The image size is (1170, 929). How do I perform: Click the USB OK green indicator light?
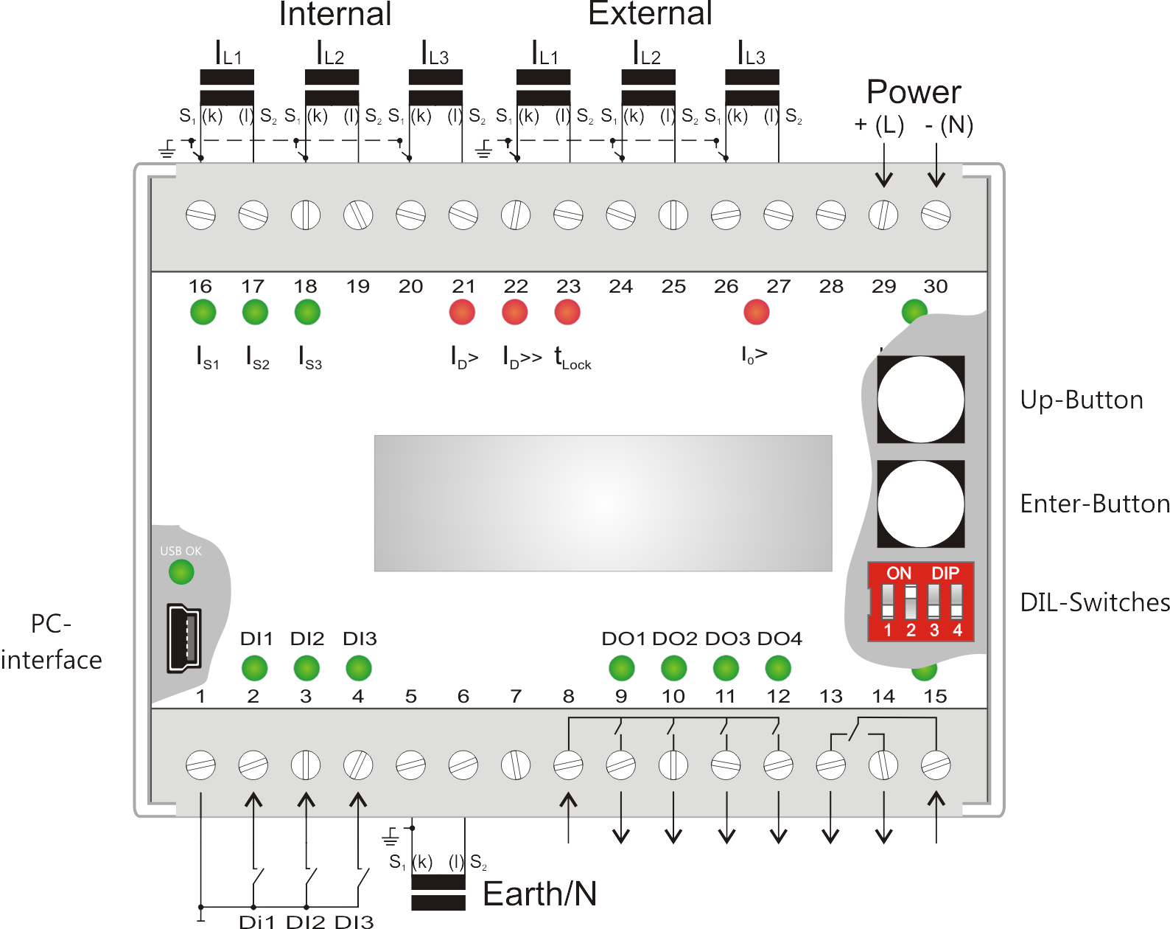click(181, 572)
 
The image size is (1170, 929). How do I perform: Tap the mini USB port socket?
click(184, 638)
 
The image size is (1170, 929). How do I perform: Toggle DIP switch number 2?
click(911, 602)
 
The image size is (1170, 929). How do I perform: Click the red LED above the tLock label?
click(567, 312)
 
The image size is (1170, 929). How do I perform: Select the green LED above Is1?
click(203, 312)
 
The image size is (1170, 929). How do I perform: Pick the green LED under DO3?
click(726, 668)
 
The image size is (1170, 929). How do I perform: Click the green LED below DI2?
click(306, 668)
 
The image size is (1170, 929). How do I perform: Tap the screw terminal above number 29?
click(883, 215)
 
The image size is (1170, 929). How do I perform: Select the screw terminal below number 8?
click(568, 765)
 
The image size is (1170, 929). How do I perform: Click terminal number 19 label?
click(358, 286)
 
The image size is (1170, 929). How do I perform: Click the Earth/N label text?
click(539, 894)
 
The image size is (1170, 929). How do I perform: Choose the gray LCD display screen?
click(603, 503)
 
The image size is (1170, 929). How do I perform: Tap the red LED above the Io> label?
click(756, 312)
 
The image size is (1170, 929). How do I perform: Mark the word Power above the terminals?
click(914, 91)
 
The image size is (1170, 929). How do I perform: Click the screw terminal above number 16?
click(200, 215)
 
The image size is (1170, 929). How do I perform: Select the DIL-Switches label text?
click(1095, 602)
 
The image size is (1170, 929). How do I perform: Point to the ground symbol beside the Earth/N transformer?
click(390, 836)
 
